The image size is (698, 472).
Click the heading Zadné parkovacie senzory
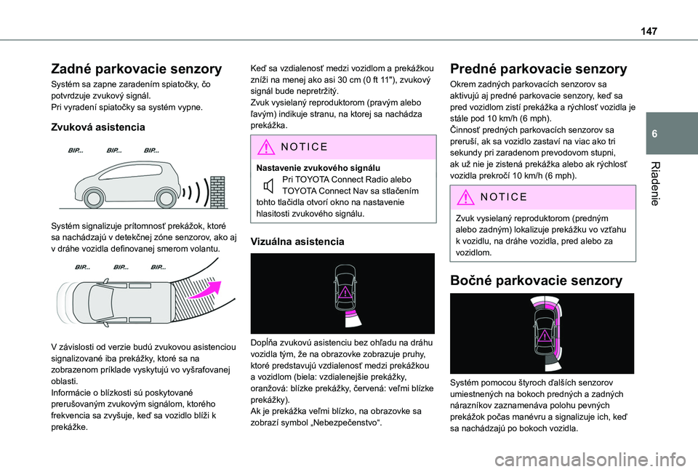coord(135,70)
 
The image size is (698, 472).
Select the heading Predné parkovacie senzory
coord(539,70)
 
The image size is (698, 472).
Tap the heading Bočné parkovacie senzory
coord(535,280)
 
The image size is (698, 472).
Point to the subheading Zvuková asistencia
coord(97,127)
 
